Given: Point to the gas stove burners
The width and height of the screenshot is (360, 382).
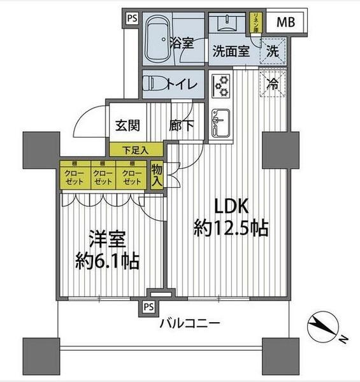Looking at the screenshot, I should click(221, 85).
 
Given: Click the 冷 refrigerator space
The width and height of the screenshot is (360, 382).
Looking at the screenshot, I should click(272, 84).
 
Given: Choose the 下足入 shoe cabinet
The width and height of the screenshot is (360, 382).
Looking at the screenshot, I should click(136, 150).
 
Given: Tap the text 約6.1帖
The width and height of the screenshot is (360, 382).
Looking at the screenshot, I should click(106, 260).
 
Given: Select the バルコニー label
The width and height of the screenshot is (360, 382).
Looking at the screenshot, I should click(190, 323).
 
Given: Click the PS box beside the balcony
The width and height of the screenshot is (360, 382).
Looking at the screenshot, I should click(148, 308).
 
